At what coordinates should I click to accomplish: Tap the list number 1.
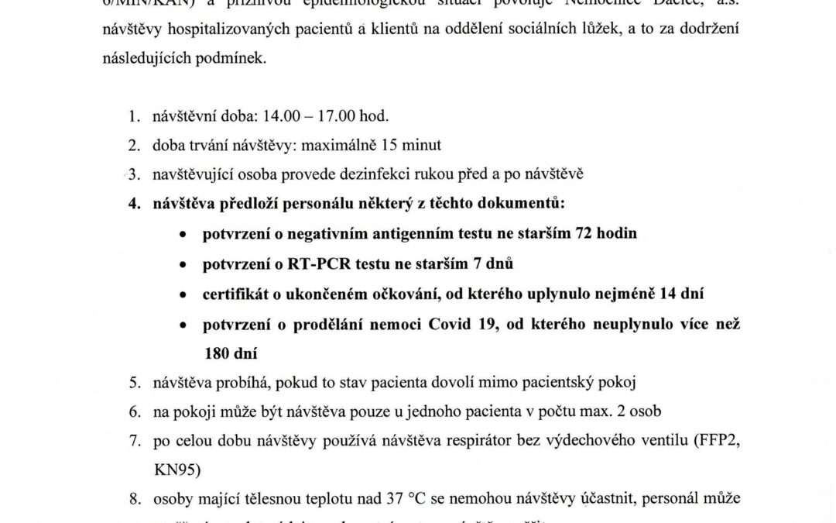coord(133,116)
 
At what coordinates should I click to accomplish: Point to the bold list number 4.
coord(133,204)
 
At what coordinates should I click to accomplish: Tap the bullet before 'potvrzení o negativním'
coord(182,234)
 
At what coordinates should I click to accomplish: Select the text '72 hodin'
coord(606,233)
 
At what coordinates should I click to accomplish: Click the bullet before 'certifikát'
coord(182,294)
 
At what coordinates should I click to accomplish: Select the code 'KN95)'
coord(170,470)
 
